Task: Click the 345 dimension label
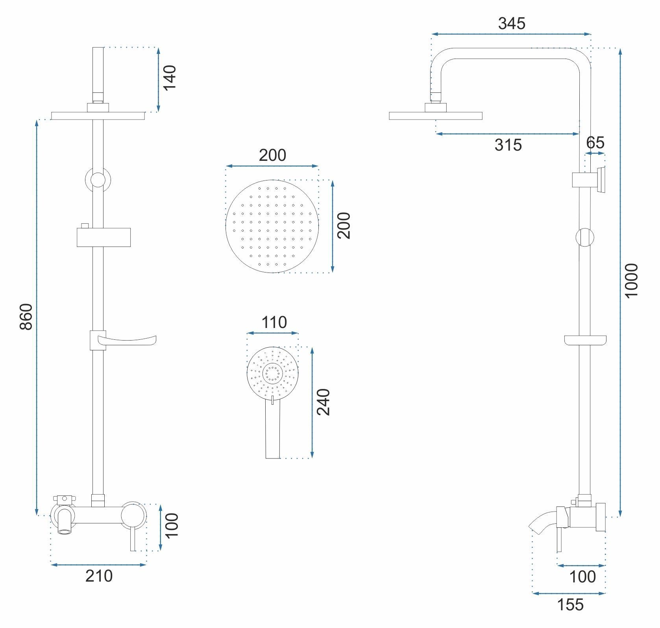point(512,24)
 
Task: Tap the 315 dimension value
point(508,145)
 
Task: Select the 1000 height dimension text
point(631,281)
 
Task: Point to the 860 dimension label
point(26,317)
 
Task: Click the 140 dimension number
point(170,78)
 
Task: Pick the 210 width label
point(99,576)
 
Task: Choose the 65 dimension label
point(595,142)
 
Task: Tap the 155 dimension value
point(571,605)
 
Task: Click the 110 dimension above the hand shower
point(274,322)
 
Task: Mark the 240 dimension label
point(324,402)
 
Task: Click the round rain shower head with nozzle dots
point(272,227)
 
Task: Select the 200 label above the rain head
point(272,155)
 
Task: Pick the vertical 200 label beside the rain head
point(343,225)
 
